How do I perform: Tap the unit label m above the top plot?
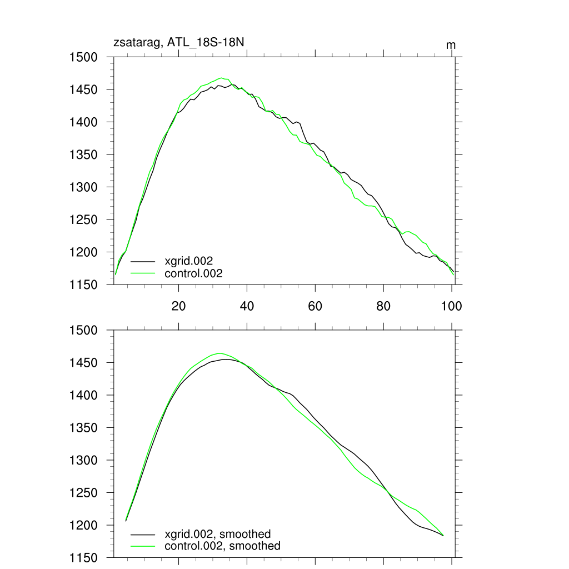click(x=451, y=44)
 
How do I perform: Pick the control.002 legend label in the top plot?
click(x=193, y=273)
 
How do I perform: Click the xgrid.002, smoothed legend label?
click(x=218, y=534)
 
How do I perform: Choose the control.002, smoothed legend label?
click(x=222, y=546)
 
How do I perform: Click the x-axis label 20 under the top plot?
click(x=178, y=306)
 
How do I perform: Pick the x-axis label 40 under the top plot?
click(x=247, y=306)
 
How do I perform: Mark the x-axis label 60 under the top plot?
click(x=315, y=306)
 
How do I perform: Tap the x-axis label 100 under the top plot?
click(x=451, y=306)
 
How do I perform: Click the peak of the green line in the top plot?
click(x=221, y=78)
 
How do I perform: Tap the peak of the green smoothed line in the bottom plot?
click(x=219, y=353)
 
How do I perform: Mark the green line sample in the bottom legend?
click(x=143, y=546)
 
